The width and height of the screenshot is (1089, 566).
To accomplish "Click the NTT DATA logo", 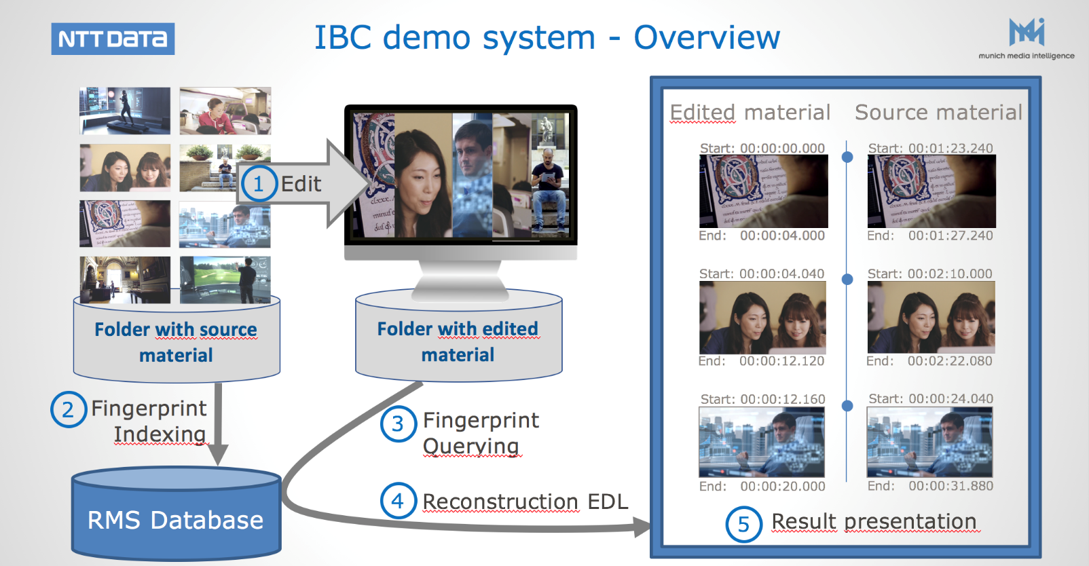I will pyautogui.click(x=113, y=39).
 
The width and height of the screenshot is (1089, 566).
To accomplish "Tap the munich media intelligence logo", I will pyautogui.click(x=1026, y=39).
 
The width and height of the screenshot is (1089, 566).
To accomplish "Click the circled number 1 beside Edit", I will pyautogui.click(x=258, y=183).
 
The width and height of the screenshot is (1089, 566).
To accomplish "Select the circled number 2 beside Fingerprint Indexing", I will pyautogui.click(x=68, y=409).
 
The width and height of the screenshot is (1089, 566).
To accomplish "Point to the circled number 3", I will pyautogui.click(x=398, y=423).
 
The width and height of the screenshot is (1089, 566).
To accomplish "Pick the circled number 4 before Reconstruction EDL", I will pyautogui.click(x=398, y=501).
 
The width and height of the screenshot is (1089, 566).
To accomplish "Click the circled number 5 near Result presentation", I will pyautogui.click(x=743, y=524).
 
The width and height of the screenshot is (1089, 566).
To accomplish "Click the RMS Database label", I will pyautogui.click(x=175, y=520).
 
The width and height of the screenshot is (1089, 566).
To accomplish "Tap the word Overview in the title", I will pyautogui.click(x=707, y=38).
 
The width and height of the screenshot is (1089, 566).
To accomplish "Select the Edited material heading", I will pyautogui.click(x=750, y=112).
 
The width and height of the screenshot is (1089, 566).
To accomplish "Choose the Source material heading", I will pyautogui.click(x=938, y=112).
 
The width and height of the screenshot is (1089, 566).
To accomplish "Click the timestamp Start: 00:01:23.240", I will pyautogui.click(x=930, y=148).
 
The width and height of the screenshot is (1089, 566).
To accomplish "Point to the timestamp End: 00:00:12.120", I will pyautogui.click(x=761, y=361).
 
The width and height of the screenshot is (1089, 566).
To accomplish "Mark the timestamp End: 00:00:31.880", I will pyautogui.click(x=930, y=486).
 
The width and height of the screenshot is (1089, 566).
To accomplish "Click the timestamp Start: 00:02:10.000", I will pyautogui.click(x=929, y=273).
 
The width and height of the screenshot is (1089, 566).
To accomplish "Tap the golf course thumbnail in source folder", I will pyautogui.click(x=225, y=280).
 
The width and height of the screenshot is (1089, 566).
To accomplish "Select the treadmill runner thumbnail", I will pyautogui.click(x=125, y=111).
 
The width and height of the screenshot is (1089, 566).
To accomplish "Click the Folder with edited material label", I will pyautogui.click(x=458, y=341).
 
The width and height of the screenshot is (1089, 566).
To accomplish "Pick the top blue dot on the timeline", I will pyautogui.click(x=847, y=157).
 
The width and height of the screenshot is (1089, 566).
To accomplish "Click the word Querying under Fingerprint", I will pyautogui.click(x=471, y=446).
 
